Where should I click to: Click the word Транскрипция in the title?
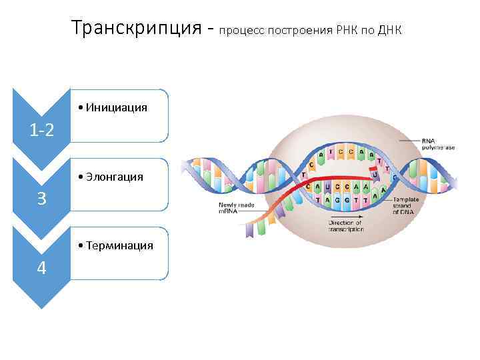pos(136,28)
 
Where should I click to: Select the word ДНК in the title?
pos(390,31)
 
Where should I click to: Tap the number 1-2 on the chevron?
pos(41,130)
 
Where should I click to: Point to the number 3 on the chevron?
pos(41,199)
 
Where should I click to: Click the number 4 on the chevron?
pos(41,268)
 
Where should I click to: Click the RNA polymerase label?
pos(438,144)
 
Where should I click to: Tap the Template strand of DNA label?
pos(406,205)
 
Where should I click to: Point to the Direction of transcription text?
pos(345,226)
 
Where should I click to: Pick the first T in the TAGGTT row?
pos(318,200)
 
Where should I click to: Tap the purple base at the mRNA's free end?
pos(249,229)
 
